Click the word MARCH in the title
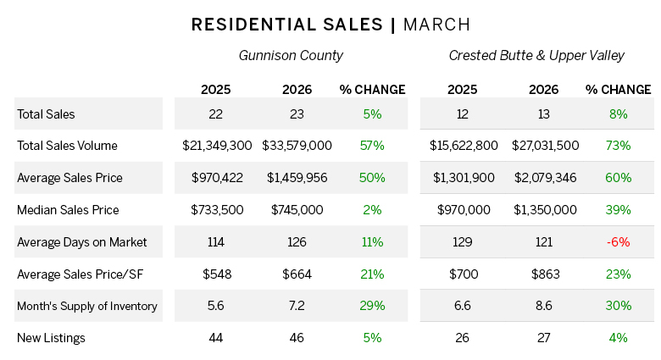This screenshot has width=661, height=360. [x=436, y=24]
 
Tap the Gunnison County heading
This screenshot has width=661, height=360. [x=291, y=56]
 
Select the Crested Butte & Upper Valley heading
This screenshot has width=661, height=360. [x=536, y=56]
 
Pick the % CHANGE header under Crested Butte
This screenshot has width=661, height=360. [x=618, y=89]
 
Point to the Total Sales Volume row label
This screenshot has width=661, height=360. [x=67, y=146]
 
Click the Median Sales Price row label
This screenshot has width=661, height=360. [x=68, y=210]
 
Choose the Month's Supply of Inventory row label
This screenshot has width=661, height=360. [x=87, y=306]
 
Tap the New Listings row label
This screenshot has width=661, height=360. [x=51, y=338]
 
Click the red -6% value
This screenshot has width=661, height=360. [x=618, y=242]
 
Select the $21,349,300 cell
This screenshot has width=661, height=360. [x=217, y=146]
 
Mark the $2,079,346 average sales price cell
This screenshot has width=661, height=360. [x=545, y=178]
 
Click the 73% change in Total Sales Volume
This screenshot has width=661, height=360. [x=618, y=146]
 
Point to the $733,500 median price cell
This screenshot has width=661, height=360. [x=216, y=210]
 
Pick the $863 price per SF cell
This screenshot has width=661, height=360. [x=545, y=274]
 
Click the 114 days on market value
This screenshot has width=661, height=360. [x=216, y=242]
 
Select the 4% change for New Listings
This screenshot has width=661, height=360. [x=618, y=338]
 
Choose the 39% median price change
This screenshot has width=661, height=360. [x=618, y=210]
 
